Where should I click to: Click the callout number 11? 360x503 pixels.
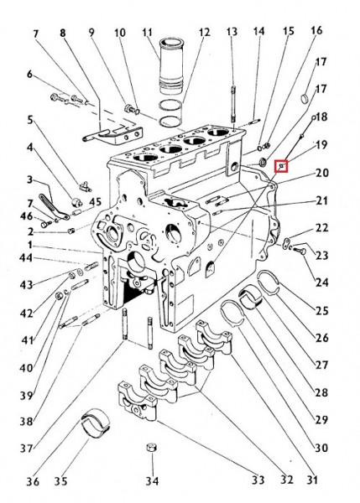pyautogui.click(x=147, y=33)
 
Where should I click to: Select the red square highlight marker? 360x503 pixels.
pyautogui.click(x=281, y=166)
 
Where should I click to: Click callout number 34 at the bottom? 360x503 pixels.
pyautogui.click(x=152, y=480)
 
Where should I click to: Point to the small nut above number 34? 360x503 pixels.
pyautogui.click(x=151, y=448)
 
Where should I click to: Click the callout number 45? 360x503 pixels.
pyautogui.click(x=95, y=202)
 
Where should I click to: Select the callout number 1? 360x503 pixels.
pyautogui.click(x=29, y=245)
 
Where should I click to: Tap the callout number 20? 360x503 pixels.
pyautogui.click(x=321, y=173)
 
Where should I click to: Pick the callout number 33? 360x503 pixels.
pyautogui.click(x=258, y=480)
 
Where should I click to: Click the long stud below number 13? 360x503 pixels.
pyautogui.click(x=233, y=103)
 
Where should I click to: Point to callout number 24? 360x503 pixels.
pyautogui.click(x=321, y=283)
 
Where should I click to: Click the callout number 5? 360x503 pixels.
pyautogui.click(x=30, y=120)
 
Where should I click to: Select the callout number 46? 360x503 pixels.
pyautogui.click(x=26, y=216)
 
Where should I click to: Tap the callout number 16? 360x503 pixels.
pyautogui.click(x=316, y=30)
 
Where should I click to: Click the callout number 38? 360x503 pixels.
pyautogui.click(x=26, y=421)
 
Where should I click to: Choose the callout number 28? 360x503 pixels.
pyautogui.click(x=321, y=392)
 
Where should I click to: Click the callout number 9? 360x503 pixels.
pyautogui.click(x=91, y=33)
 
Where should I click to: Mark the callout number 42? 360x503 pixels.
pyautogui.click(x=26, y=313)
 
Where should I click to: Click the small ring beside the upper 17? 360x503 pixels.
pyautogui.click(x=305, y=98)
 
